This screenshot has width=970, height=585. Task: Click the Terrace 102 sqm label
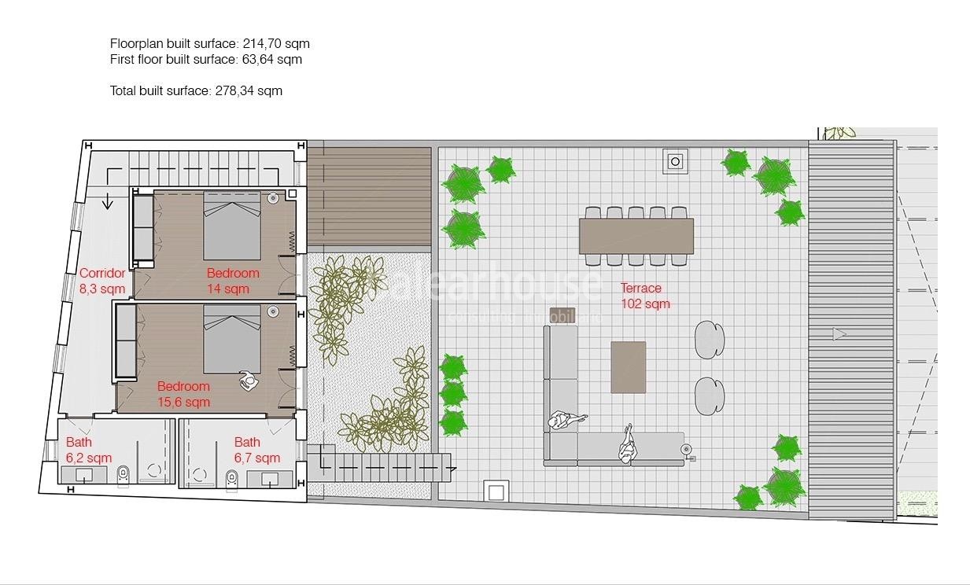tap(645, 296)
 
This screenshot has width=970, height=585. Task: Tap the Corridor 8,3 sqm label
tap(102, 281)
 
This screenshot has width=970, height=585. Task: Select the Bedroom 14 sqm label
tap(233, 281)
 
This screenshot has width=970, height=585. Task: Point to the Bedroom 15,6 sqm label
tap(183, 394)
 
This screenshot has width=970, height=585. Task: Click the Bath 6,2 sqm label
tap(88, 450)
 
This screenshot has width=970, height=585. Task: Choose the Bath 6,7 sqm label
tap(256, 450)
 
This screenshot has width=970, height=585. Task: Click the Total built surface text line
tap(196, 90)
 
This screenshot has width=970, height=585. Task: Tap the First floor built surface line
tap(205, 59)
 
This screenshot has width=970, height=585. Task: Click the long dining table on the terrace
tap(636, 235)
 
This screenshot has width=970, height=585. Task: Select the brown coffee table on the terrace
tap(629, 366)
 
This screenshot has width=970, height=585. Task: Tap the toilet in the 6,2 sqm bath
tap(121, 473)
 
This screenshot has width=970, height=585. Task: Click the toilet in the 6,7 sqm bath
tap(231, 476)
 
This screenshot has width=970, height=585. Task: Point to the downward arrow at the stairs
tap(108, 202)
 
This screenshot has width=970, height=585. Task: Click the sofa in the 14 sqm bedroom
tap(142, 227)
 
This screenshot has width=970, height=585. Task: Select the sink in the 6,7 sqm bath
tap(269, 478)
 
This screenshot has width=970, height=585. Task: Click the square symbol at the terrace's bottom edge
tap(496, 491)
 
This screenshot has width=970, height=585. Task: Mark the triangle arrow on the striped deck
tap(839, 334)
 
